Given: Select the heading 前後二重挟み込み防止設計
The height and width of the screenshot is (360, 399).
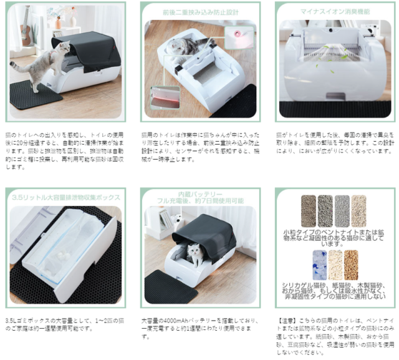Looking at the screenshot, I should [x=198, y=11].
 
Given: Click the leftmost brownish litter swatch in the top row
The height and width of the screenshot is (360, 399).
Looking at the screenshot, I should [x=308, y=210].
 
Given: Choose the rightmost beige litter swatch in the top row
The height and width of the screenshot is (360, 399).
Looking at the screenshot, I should [x=359, y=210].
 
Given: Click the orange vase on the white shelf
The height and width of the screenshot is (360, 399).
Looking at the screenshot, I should [x=58, y=23].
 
